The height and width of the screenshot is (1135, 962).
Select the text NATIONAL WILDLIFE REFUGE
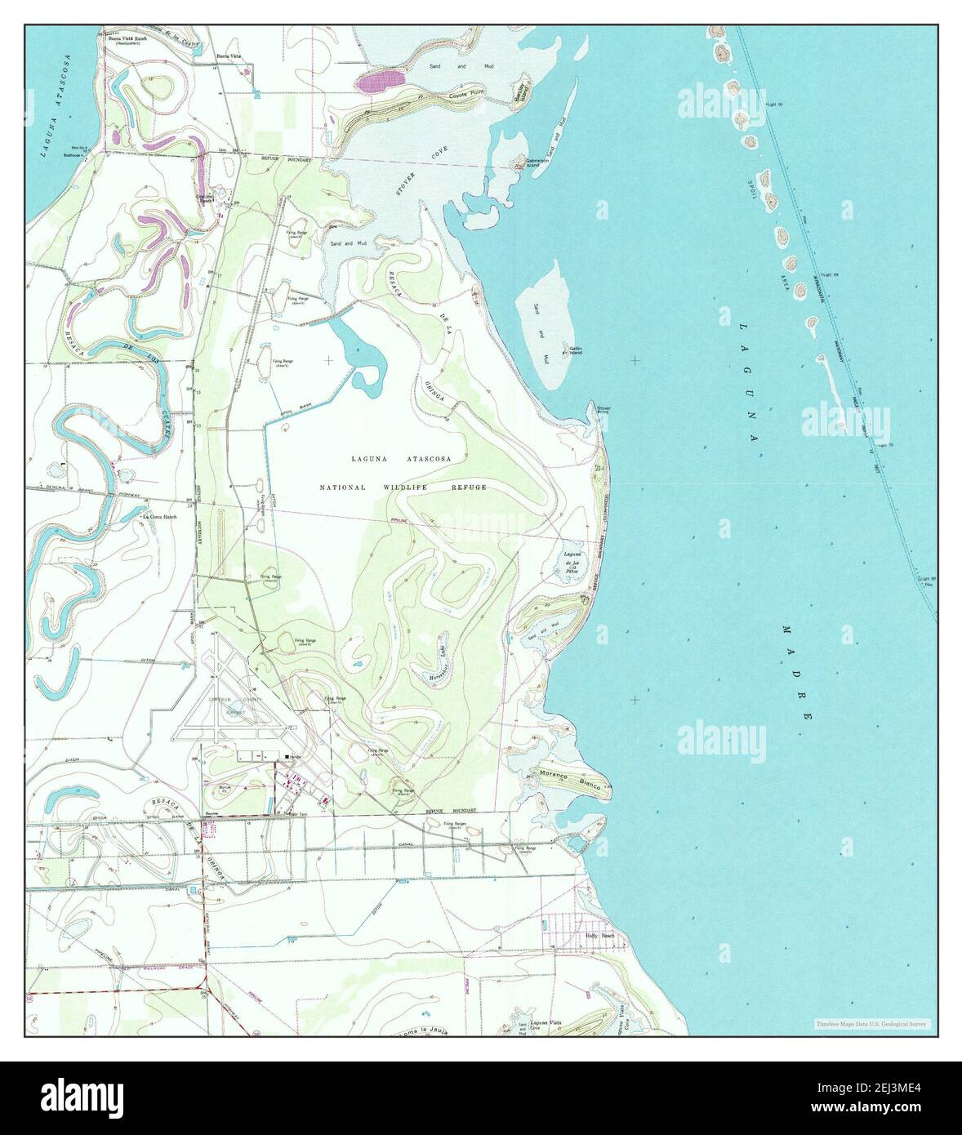point(403,487)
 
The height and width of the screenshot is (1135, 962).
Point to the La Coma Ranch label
point(159,516)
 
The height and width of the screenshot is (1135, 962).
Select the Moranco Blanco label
point(571,781)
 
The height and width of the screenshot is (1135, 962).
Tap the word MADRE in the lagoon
point(796,671)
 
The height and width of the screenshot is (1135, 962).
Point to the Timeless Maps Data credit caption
point(871,1024)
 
